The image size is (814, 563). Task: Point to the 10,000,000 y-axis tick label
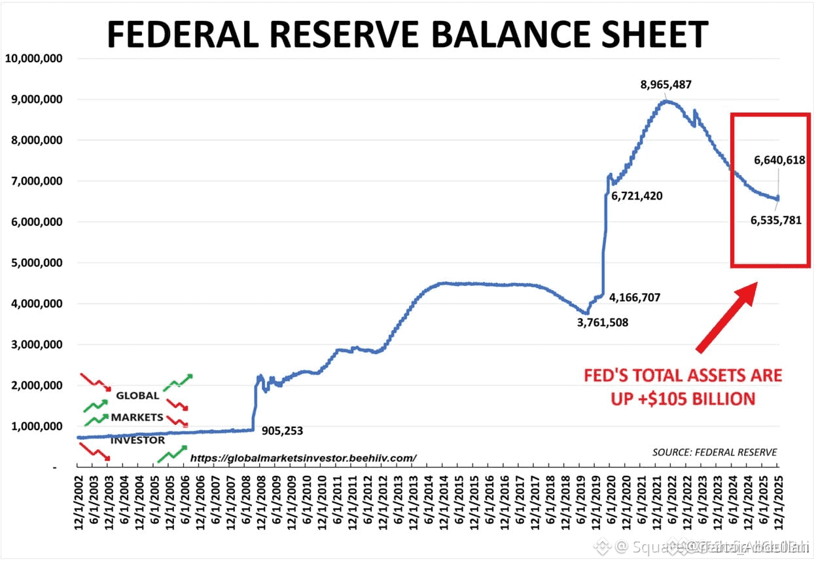[x=33, y=58]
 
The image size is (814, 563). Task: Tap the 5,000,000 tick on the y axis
[x=33, y=263]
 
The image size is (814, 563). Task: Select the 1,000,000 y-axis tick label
[x=33, y=426]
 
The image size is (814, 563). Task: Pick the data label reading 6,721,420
[x=637, y=196]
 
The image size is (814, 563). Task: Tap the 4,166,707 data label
[x=635, y=297]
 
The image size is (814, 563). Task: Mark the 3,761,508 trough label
[x=603, y=322]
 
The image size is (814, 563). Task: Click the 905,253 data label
[x=282, y=431]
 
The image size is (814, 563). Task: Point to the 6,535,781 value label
[x=775, y=221]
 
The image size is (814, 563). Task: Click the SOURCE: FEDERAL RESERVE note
[x=715, y=452]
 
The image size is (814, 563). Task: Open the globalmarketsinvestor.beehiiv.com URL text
[x=303, y=458]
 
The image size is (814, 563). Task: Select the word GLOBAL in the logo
[x=137, y=395]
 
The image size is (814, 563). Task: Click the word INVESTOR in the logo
[x=137, y=440]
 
